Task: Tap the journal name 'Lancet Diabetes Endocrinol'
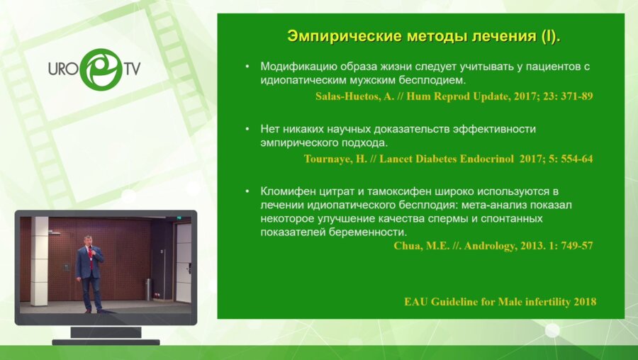439,159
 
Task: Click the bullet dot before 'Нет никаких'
247,129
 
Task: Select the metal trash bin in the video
148,290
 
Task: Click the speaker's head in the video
89,240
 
